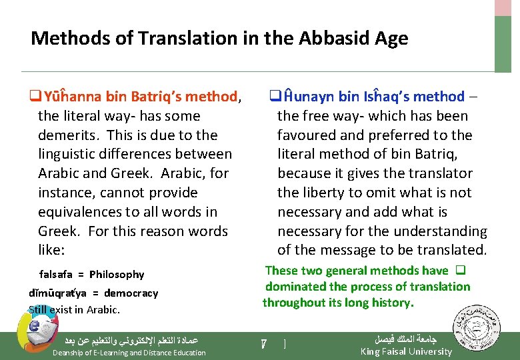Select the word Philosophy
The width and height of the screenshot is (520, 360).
tap(117, 274)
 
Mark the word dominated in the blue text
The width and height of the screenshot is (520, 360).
tap(294, 287)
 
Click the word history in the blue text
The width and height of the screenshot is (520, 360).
tap(391, 303)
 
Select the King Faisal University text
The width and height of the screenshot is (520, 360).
tap(406, 351)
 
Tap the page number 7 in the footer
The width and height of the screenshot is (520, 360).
tap(264, 344)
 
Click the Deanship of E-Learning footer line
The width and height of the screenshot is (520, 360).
tap(129, 352)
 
